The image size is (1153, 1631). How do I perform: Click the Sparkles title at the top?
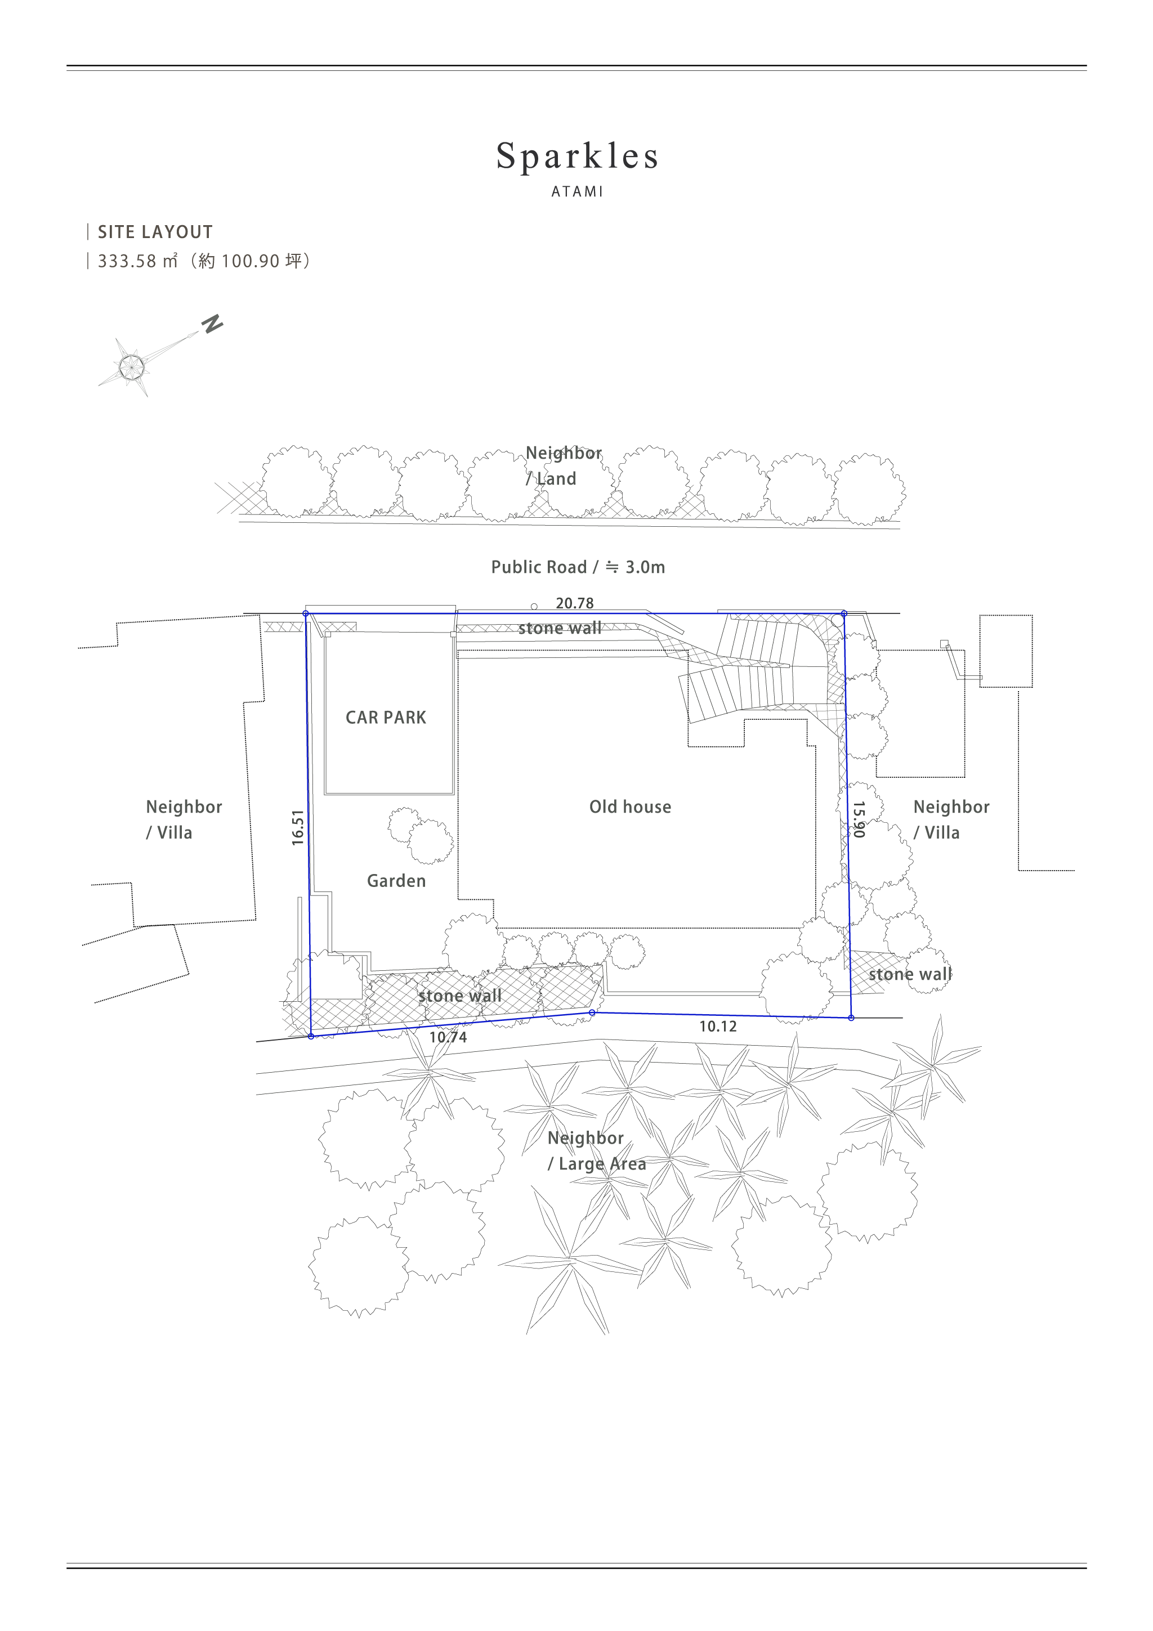(577, 157)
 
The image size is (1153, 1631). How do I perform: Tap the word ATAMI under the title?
(577, 192)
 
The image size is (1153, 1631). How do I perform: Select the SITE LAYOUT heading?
(155, 232)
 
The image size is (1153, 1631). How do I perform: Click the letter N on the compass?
(212, 325)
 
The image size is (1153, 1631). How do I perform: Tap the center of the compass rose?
(131, 366)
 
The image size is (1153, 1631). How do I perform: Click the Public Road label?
(578, 567)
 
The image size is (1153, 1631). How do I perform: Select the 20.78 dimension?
(574, 603)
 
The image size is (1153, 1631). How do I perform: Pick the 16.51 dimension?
(298, 827)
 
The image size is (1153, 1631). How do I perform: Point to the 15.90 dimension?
(859, 819)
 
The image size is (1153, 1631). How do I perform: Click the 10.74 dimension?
(448, 1037)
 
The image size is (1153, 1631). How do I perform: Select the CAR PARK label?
(386, 718)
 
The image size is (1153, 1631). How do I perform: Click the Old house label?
(630, 807)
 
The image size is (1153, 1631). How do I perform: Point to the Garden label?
(396, 881)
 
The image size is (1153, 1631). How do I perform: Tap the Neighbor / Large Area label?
(597, 1151)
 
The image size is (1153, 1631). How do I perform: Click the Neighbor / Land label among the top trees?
(564, 466)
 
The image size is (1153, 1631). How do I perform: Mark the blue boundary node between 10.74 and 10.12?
(592, 1012)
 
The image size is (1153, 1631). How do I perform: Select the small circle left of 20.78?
(534, 607)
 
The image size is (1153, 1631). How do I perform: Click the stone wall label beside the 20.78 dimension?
(560, 628)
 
